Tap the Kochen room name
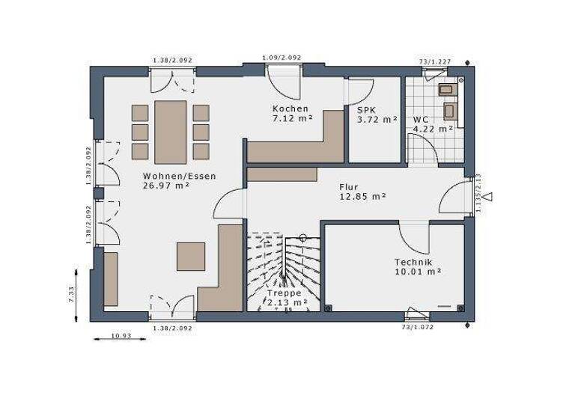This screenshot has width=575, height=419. (290, 108)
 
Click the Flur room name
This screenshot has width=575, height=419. (349, 186)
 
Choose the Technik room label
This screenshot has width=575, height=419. (413, 262)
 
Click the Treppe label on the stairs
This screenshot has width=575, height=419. (284, 293)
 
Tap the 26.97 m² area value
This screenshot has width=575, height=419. (165, 186)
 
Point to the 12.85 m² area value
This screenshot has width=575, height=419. (362, 196)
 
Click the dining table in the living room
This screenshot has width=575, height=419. (171, 132)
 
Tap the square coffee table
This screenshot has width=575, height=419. (191, 255)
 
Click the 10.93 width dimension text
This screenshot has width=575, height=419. (121, 336)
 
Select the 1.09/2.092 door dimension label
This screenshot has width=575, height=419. (282, 58)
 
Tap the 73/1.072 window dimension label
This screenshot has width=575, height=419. (417, 328)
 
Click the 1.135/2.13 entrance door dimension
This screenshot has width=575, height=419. (478, 195)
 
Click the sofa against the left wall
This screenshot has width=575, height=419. (111, 279)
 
